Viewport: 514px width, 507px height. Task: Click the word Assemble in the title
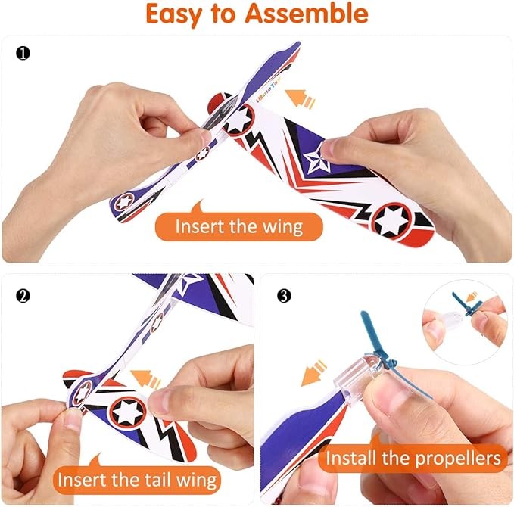pos(307,14)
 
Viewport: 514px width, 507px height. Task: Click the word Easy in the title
pos(173,14)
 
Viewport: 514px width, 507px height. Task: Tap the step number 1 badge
pos(23,54)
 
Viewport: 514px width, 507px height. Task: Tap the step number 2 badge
pos(23,296)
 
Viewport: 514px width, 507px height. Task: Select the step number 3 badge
pos(284,296)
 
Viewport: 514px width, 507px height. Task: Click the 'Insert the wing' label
pos(239,226)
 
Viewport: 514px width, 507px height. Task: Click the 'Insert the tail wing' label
pos(137,480)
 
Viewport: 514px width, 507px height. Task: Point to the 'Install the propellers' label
pos(413,458)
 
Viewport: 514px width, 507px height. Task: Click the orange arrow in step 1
pos(301,98)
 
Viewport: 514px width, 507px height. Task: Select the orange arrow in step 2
pos(145,379)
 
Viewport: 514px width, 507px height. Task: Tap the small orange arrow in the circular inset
pos(472,296)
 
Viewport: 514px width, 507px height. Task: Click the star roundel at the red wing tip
pos(392,220)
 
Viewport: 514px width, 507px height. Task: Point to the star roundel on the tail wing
pos(127,412)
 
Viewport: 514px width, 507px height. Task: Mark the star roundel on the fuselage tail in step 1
pos(124,201)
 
